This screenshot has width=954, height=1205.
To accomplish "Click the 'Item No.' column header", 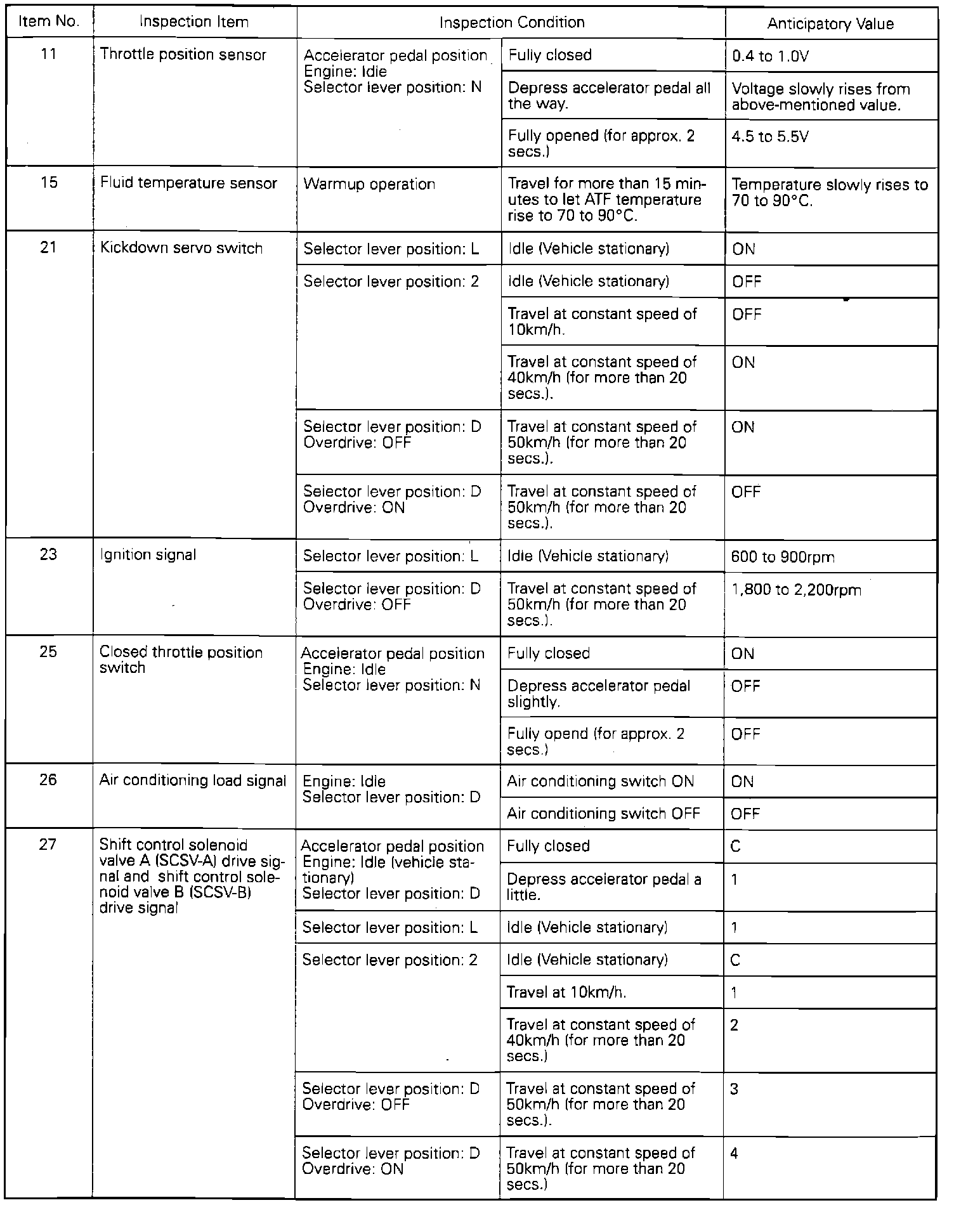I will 49,22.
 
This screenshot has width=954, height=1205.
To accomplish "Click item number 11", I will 49,55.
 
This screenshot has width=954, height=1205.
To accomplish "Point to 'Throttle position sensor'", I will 183,55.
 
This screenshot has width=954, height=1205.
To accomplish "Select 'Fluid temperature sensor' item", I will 188,184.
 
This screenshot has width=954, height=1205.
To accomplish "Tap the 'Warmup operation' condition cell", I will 369,185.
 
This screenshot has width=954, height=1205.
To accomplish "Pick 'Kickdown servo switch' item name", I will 181,249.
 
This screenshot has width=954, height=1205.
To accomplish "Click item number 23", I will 49,555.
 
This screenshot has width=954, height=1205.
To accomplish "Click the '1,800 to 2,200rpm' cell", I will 796,590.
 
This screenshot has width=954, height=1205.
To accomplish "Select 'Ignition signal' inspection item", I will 148,556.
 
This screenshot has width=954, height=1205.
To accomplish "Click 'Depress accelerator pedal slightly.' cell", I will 599,694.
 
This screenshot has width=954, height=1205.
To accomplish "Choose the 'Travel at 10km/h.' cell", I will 566,993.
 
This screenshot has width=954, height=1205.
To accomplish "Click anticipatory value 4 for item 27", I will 734,1154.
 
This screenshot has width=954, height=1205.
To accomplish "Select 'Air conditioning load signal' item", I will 193,781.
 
